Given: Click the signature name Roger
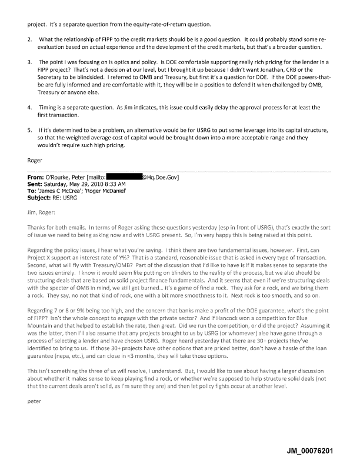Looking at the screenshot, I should pyautogui.click(x=35, y=159).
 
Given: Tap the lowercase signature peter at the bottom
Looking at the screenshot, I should pyautogui.click(x=35, y=405).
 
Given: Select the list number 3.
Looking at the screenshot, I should pyautogui.click(x=30, y=62).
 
